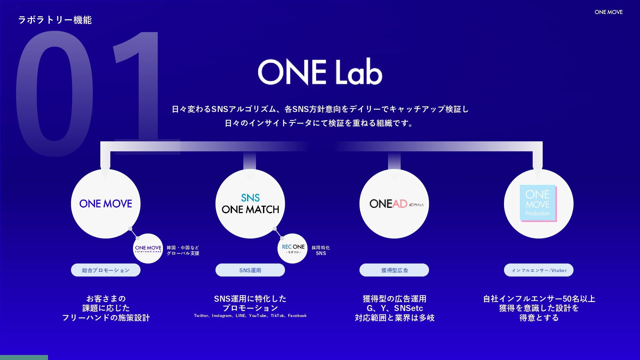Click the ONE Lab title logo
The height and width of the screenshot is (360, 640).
[320, 72]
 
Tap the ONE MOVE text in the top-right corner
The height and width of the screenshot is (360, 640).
[608, 12]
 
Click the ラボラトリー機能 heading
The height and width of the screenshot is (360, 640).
[55, 20]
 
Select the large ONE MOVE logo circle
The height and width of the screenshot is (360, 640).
[106, 204]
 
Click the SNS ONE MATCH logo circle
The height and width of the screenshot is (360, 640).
[250, 204]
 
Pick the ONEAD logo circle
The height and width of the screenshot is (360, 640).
[394, 204]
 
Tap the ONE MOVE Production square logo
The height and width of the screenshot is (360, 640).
[538, 203]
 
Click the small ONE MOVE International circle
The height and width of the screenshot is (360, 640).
[148, 249]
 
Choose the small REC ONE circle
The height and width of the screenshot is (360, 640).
[293, 249]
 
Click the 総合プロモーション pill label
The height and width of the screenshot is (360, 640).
[106, 270]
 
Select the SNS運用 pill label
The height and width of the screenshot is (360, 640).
[250, 270]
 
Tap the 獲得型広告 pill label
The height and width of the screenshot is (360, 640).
[394, 270]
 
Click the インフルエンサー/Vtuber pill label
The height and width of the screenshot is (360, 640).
[539, 270]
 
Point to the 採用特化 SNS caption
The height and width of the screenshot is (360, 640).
[321, 250]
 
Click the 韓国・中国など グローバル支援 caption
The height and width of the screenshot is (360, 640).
[183, 250]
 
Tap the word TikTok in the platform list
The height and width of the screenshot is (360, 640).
[277, 316]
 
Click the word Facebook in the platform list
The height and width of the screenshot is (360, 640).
[297, 316]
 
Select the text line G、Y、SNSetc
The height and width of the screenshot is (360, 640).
[395, 308]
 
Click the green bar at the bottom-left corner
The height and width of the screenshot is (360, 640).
[24, 357]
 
